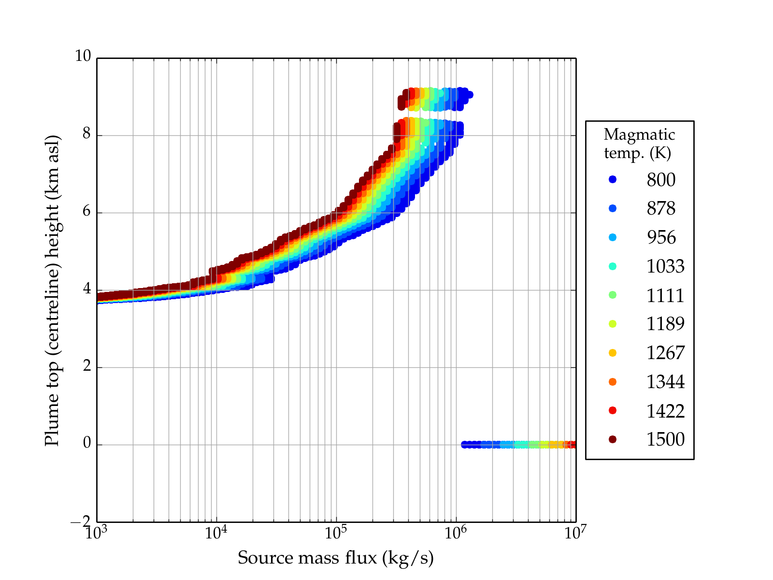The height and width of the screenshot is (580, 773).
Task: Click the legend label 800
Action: click(661, 180)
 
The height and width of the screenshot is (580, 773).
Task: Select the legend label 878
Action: click(661, 208)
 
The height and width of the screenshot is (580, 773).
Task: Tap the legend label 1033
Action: click(665, 266)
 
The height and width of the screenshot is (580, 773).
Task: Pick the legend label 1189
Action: click(665, 324)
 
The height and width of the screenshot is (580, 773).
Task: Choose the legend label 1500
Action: click(665, 439)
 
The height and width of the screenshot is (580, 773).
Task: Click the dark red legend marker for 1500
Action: click(613, 439)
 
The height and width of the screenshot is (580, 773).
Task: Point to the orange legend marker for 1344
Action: click(613, 382)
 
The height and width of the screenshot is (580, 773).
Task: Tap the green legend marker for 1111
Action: click(613, 295)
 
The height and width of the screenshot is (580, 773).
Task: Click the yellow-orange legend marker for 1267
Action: click(613, 353)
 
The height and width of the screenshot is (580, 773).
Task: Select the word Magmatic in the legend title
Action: click(639, 135)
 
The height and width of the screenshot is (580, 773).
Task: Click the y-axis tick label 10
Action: click(83, 57)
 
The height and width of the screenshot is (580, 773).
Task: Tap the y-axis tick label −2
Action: click(80, 522)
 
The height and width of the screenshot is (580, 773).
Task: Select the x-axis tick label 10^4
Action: click(215, 533)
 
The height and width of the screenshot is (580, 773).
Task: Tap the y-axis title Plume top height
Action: click(52, 290)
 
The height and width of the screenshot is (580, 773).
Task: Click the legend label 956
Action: click(661, 237)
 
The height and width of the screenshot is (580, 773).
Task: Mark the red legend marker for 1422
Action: click(613, 410)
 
